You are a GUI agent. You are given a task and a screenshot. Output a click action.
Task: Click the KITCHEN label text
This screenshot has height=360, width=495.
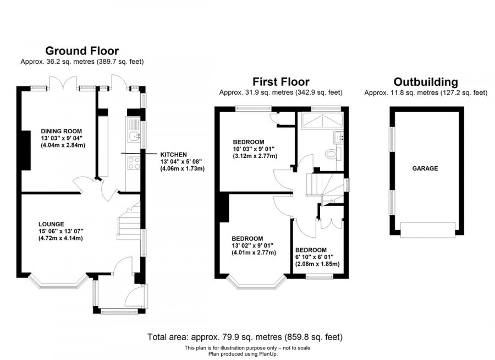click(174, 154)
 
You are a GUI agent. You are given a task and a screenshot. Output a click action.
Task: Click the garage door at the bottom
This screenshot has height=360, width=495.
click(428, 229)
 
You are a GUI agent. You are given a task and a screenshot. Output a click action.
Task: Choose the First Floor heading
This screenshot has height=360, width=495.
click(280, 82)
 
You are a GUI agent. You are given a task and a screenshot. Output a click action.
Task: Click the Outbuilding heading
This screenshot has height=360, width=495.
click(426, 82)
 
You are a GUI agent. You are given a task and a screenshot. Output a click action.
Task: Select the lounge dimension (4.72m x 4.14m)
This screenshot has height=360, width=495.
click(61, 238)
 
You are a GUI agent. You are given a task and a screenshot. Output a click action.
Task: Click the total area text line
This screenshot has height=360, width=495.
click(245, 336)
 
